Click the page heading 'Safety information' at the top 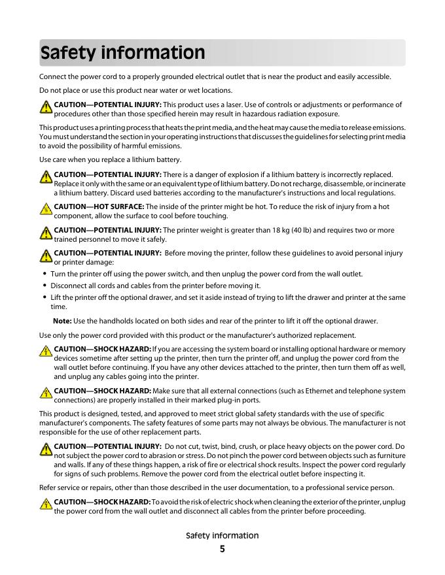pyautogui.click(x=122, y=53)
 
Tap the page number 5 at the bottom pyautogui.click(x=222, y=549)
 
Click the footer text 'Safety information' pyautogui.click(x=222, y=535)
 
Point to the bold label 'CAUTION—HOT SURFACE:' pyautogui.click(x=99, y=206)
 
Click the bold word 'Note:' pyautogui.click(x=62, y=321)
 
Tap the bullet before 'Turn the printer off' pyautogui.click(x=44, y=274)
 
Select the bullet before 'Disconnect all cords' pyautogui.click(x=44, y=286)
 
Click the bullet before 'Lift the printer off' pyautogui.click(x=44, y=298)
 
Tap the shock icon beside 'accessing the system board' pyautogui.click(x=46, y=350)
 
